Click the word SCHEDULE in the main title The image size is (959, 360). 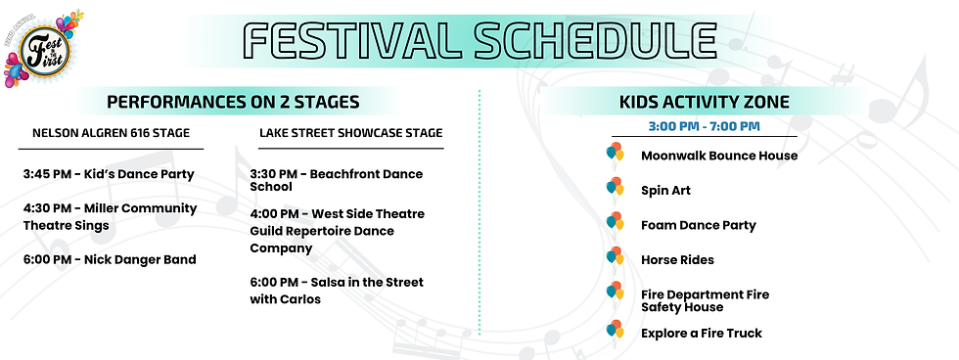[595, 41]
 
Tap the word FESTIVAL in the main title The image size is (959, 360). [351, 41]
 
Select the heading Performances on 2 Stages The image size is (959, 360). [233, 102]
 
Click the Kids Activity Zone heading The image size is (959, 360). [704, 102]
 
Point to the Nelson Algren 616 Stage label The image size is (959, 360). [111, 133]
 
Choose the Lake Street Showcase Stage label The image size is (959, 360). [350, 133]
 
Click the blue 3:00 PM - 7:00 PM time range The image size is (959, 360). [704, 126]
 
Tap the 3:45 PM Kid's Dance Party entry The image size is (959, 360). [109, 174]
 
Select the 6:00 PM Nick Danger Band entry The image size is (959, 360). [110, 260]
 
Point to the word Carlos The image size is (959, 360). [300, 299]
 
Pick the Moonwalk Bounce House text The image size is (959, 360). [719, 156]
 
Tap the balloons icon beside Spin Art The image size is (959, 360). [615, 188]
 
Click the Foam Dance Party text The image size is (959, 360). [699, 226]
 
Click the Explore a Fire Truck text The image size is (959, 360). [702, 334]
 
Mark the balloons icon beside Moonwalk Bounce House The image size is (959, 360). [615, 153]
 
